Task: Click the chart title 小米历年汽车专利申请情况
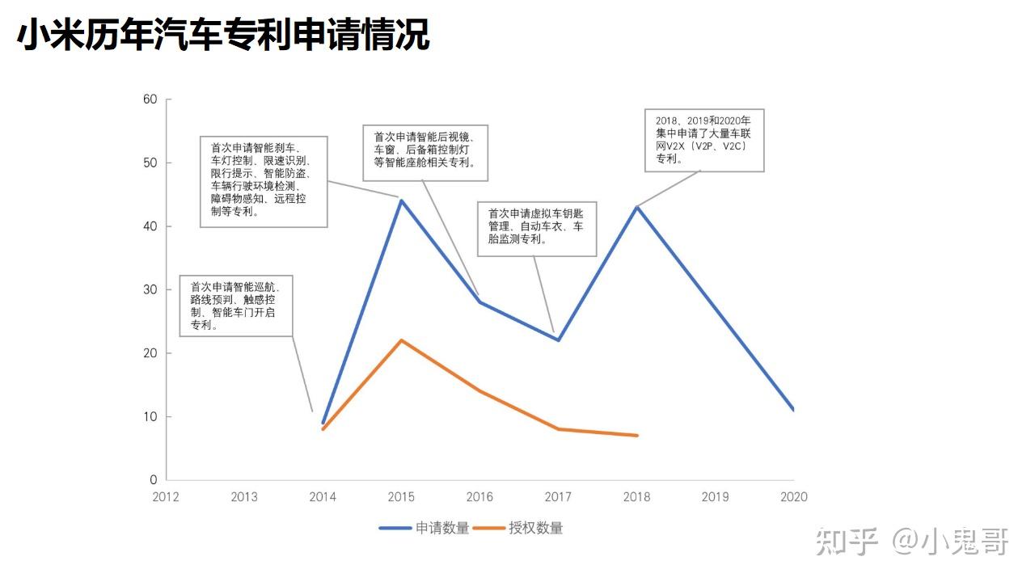[x=223, y=35]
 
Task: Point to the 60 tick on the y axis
[x=150, y=99]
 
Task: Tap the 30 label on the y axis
[x=150, y=289]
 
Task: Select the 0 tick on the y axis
[x=154, y=480]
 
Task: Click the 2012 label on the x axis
[x=166, y=497]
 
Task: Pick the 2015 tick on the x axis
[x=401, y=497]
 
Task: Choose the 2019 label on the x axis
[x=716, y=497]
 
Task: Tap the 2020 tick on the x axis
[x=794, y=497]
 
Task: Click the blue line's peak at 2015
[x=402, y=201]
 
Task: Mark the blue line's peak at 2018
[x=637, y=208]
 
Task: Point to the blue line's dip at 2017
[x=559, y=340]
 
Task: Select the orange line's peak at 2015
[x=402, y=341]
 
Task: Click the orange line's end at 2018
[x=637, y=435]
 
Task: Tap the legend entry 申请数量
[x=425, y=528]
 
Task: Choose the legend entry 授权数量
[x=518, y=528]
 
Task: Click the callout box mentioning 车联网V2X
[x=704, y=141]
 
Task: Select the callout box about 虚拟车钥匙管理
[x=537, y=229]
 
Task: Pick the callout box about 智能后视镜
[x=425, y=153]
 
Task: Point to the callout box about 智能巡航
[x=236, y=306]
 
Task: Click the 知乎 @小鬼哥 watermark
[x=911, y=542]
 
